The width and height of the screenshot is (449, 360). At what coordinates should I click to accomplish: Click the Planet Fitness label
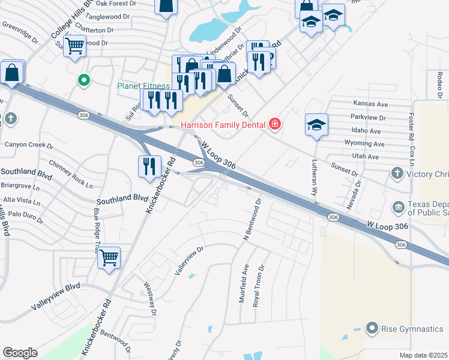pyautogui.click(x=143, y=86)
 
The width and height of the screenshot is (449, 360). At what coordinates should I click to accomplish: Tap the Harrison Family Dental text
pyautogui.click(x=218, y=124)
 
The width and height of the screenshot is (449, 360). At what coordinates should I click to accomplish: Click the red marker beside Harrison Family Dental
pyautogui.click(x=275, y=124)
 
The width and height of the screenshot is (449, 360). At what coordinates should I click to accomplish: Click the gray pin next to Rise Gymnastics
pyautogui.click(x=372, y=328)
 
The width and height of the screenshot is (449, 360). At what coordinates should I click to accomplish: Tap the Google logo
pyautogui.click(x=20, y=353)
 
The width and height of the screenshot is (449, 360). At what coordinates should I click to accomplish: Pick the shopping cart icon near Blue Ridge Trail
pyautogui.click(x=109, y=258)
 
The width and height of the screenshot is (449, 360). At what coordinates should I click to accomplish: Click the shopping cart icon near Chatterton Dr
pyautogui.click(x=75, y=45)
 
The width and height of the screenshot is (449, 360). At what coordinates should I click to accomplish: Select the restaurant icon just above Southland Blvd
pyautogui.click(x=149, y=166)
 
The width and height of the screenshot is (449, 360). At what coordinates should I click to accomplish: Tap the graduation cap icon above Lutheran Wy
pyautogui.click(x=316, y=125)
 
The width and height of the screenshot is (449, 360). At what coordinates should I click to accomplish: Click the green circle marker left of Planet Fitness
pyautogui.click(x=85, y=79)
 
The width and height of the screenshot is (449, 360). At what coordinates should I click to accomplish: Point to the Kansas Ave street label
pyautogui.click(x=370, y=104)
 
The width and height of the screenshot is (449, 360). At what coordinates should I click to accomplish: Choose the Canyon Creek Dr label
pyautogui.click(x=29, y=145)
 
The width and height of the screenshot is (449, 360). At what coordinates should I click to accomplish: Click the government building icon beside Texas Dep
pyautogui.click(x=398, y=208)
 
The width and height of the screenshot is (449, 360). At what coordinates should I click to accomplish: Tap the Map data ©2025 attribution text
pyautogui.click(x=424, y=355)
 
